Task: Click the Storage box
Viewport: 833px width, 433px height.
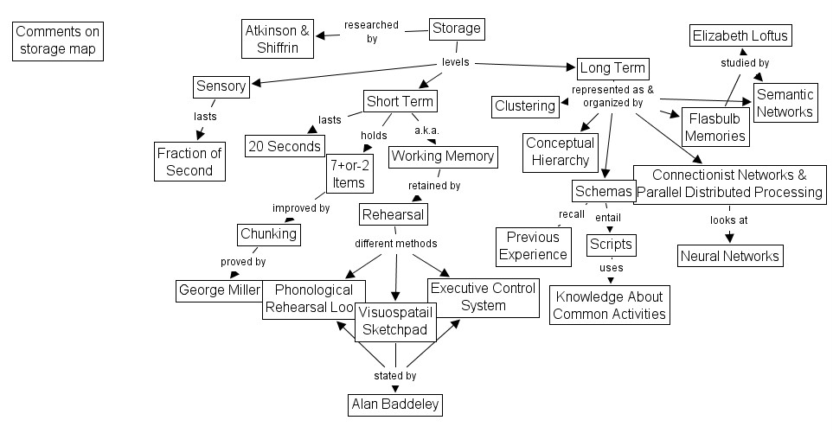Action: click(x=456, y=29)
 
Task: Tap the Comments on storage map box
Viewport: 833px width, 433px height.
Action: click(x=58, y=41)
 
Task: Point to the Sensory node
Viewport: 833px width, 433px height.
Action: click(x=221, y=86)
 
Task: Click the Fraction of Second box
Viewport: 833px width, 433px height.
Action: click(x=189, y=162)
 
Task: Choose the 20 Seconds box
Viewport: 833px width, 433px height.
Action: click(x=285, y=146)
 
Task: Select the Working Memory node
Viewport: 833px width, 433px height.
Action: click(x=442, y=156)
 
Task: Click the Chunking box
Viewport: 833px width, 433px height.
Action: click(x=267, y=233)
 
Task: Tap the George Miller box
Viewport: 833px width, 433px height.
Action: click(x=218, y=290)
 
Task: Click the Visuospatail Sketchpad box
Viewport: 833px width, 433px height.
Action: click(x=395, y=322)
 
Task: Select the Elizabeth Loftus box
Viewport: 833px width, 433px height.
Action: click(x=740, y=36)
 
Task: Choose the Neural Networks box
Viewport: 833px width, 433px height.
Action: click(x=730, y=255)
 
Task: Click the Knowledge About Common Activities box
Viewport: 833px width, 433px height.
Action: click(x=609, y=305)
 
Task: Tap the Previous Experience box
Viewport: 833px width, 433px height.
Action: click(x=533, y=245)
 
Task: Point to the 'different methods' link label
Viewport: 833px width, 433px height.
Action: click(x=395, y=243)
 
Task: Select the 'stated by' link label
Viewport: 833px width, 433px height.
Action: click(x=394, y=376)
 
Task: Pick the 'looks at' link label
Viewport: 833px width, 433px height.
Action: click(x=728, y=220)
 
